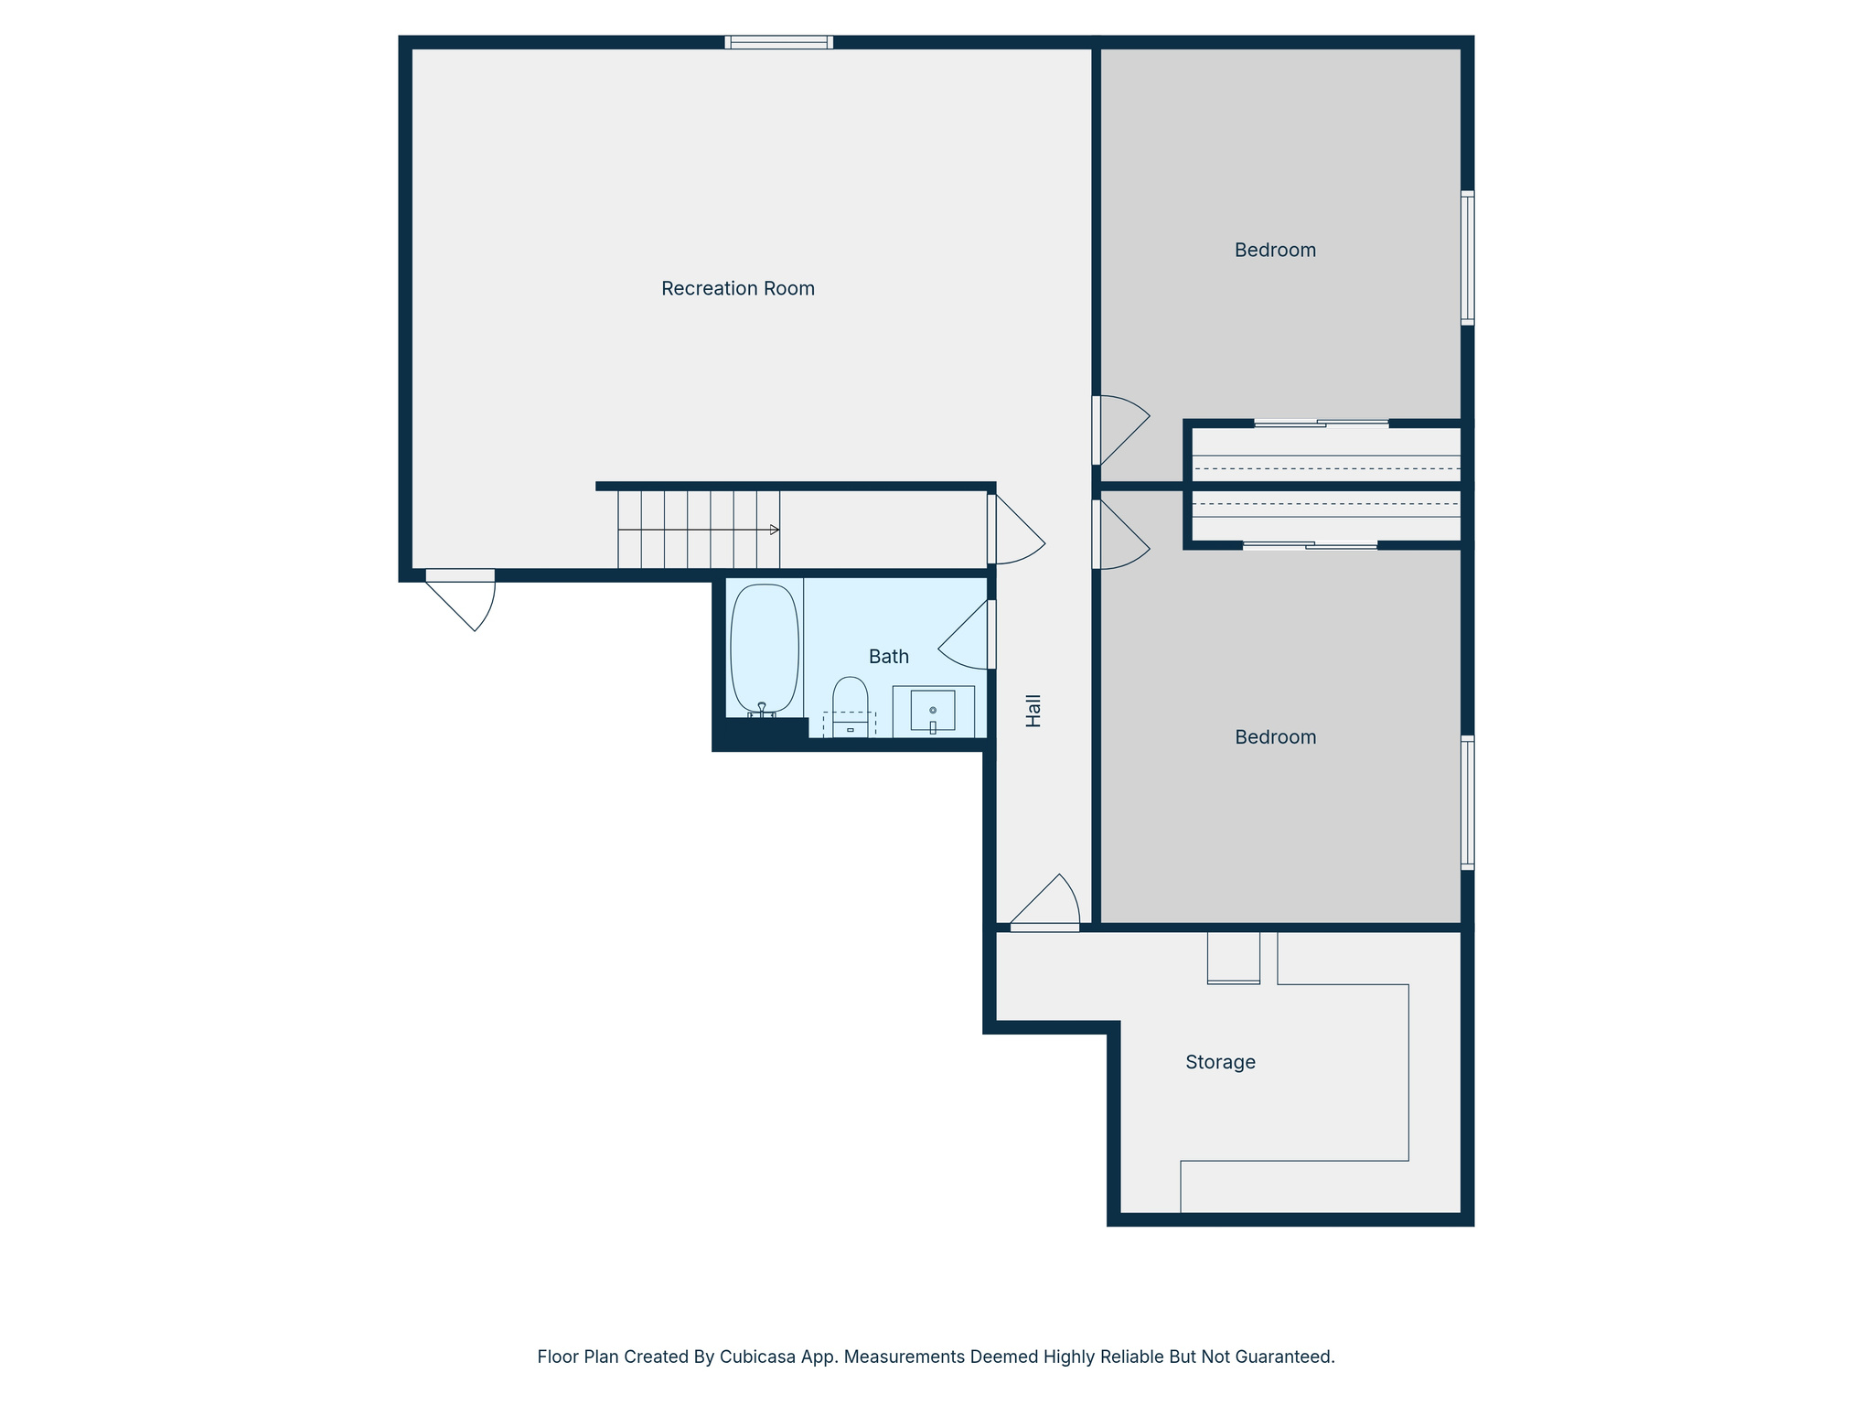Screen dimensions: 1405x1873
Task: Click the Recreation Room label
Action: pos(737,289)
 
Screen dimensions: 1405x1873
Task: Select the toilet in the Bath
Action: pos(850,705)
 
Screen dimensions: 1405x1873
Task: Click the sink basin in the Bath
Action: pos(933,710)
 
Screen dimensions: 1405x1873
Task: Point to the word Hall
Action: pos(1033,711)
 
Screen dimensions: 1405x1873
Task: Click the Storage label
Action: pos(1220,1062)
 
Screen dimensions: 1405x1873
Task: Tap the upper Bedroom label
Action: pos(1275,251)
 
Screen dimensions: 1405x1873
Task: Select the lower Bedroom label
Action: pos(1275,737)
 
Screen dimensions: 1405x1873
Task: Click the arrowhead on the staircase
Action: pos(775,530)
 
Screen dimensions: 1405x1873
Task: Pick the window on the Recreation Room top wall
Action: pos(778,42)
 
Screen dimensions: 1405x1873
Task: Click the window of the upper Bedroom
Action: pos(1467,258)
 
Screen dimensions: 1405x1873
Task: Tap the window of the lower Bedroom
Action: pos(1467,802)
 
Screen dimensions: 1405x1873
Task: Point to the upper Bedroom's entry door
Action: pos(1120,430)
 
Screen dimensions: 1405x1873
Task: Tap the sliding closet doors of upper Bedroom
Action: pos(1322,424)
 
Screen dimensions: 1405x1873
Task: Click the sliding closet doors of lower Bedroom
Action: pos(1310,546)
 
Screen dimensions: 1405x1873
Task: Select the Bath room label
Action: pos(888,657)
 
